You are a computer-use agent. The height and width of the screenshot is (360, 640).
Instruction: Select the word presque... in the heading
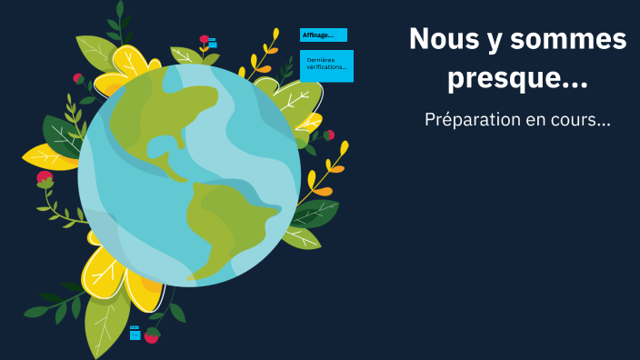[517, 79]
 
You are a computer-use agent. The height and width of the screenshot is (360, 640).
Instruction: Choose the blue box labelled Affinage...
[323, 35]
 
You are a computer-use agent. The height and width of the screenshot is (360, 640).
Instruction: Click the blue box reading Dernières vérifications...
[326, 65]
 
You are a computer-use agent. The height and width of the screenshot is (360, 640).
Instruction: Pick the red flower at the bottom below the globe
[151, 336]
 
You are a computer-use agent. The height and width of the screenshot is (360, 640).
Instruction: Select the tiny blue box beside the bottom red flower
[135, 334]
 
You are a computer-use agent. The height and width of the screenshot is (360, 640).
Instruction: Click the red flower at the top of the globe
[205, 40]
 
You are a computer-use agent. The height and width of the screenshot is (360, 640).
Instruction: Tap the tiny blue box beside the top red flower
[213, 43]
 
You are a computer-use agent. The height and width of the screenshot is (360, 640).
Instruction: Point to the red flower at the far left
[44, 179]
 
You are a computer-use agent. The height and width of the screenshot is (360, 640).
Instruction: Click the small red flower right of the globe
[329, 135]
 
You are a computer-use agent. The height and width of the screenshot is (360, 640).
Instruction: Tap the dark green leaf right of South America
[315, 214]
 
